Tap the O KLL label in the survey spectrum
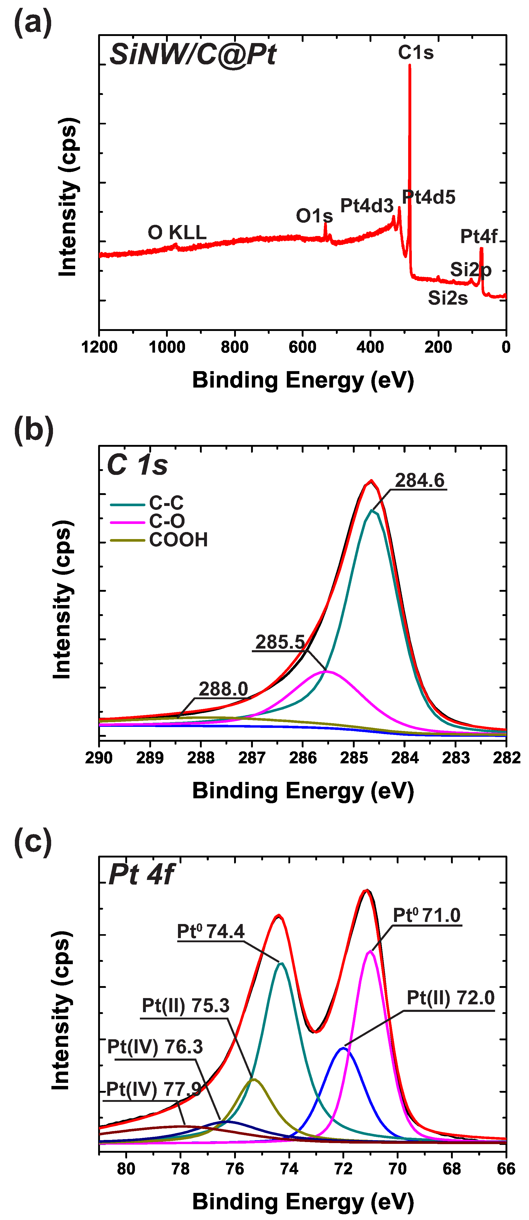tap(177, 233)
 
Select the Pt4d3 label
tap(366, 206)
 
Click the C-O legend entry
tap(167, 521)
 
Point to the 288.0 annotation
tap(223, 689)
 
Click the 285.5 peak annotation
tap(280, 642)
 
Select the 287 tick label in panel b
tap(252, 758)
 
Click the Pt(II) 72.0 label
tap(450, 998)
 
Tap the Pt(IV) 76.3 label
tap(155, 1047)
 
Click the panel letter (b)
tap(33, 430)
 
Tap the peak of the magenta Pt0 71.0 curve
tap(370, 951)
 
